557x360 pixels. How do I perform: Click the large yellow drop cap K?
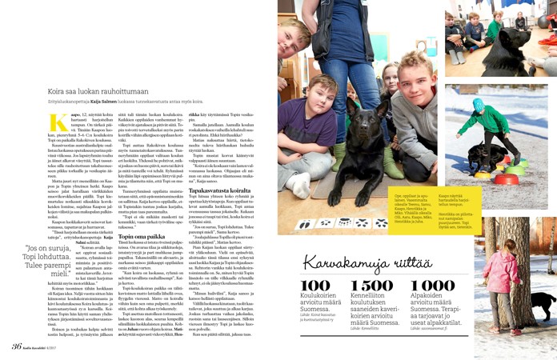[x=58, y=123]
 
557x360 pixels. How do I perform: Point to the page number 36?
[x=16, y=346]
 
